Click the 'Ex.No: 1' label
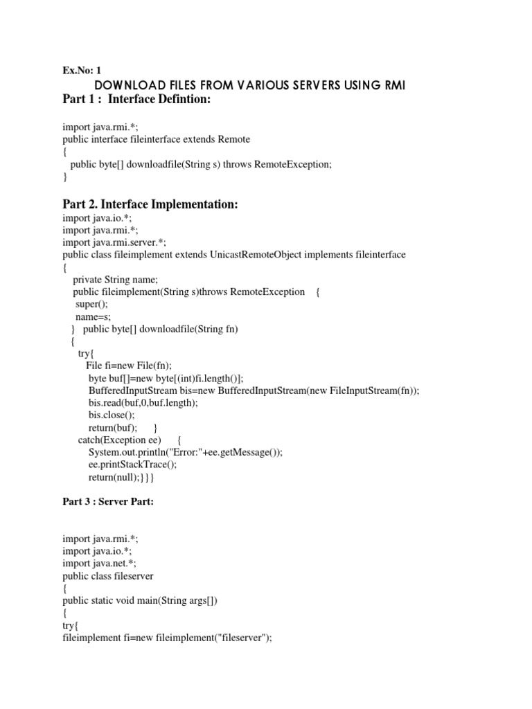82,70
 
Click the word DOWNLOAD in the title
127,85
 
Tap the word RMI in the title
391,85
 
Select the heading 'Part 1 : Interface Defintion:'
136,101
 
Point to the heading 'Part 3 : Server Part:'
107,502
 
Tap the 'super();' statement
93,305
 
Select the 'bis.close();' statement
112,415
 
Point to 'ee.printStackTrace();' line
133,465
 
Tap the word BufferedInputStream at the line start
132,391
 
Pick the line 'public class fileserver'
108,576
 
